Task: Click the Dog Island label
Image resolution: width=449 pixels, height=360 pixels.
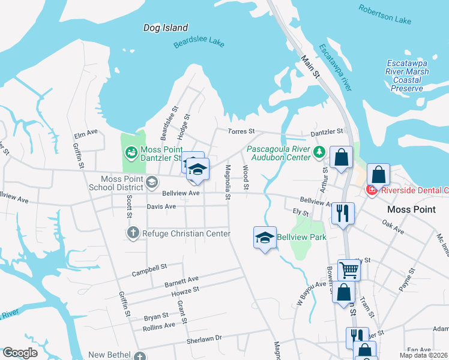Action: pyautogui.click(x=166, y=28)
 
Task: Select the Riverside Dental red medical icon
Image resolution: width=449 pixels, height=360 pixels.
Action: pyautogui.click(x=372, y=190)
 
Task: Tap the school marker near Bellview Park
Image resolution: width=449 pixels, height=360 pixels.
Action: pyautogui.click(x=265, y=238)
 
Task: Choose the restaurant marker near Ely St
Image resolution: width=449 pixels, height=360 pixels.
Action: pyautogui.click(x=343, y=213)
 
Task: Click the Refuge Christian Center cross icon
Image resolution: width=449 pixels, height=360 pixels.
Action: pyautogui.click(x=132, y=233)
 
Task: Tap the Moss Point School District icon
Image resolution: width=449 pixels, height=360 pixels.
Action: pyautogui.click(x=152, y=181)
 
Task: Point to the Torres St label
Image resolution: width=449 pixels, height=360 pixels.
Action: pyautogui.click(x=241, y=131)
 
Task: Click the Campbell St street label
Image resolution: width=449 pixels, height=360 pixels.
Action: pyautogui.click(x=149, y=268)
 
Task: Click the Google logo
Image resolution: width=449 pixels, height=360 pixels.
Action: pyautogui.click(x=20, y=353)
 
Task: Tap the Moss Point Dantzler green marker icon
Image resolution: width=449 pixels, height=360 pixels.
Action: pyautogui.click(x=131, y=152)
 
